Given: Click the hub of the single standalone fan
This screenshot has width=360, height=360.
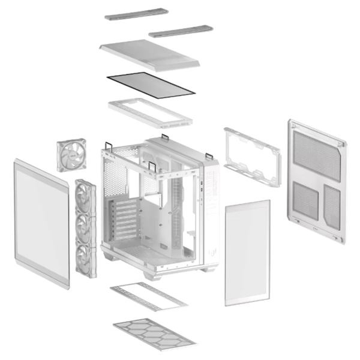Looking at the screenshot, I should [x=71, y=155].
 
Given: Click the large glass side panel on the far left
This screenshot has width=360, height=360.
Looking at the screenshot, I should [x=41, y=223].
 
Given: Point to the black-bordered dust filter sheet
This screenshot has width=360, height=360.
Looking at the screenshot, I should [x=150, y=83].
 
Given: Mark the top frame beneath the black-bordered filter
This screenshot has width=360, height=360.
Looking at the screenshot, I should [x=150, y=113].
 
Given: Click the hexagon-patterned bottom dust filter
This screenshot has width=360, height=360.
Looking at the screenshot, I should [x=155, y=333].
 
